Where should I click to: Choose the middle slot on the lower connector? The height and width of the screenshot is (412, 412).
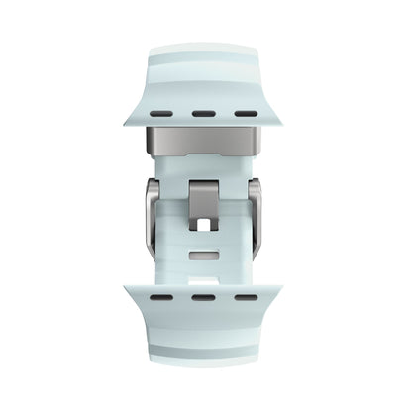(205, 325)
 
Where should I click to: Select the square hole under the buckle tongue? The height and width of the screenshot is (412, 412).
(205, 226)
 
